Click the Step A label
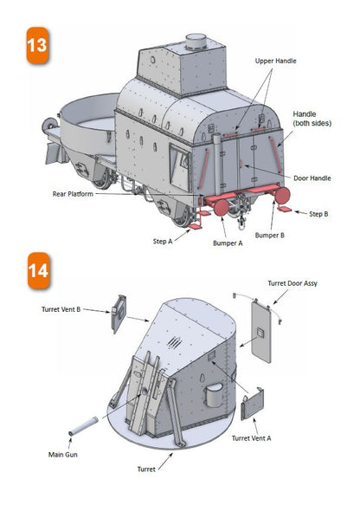166,241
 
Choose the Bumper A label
226,244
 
